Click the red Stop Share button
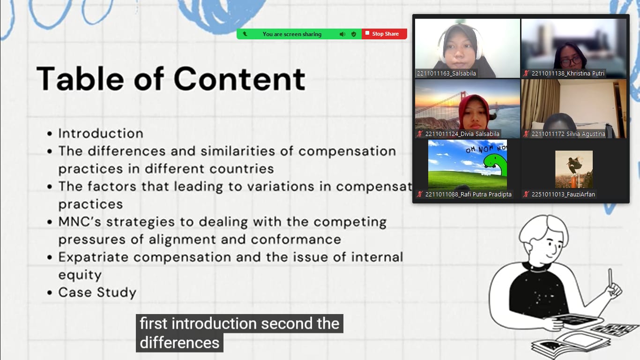[384, 34]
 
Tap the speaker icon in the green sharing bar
[342, 34]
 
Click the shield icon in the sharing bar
[354, 34]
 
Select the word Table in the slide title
[80, 79]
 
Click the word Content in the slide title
[239, 79]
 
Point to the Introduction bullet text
[101, 134]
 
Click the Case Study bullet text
[97, 292]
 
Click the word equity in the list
[80, 275]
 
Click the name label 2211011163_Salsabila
[447, 74]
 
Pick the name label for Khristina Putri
[568, 74]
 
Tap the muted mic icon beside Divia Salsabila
[420, 134]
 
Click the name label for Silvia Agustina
[568, 134]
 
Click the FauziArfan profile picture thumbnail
[574, 169]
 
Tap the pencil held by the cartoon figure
[610, 277]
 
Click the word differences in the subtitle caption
[179, 343]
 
